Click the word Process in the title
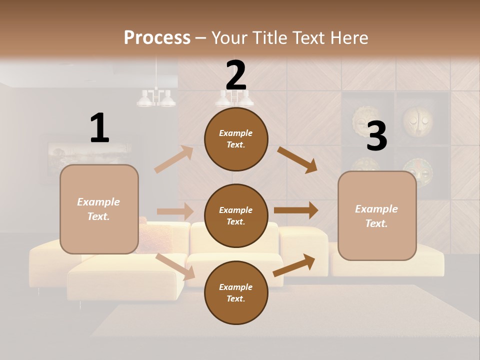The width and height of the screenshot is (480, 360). [157, 37]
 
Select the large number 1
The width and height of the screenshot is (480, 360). [99, 128]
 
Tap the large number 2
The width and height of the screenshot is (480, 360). [236, 75]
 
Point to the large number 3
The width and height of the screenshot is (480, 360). [376, 136]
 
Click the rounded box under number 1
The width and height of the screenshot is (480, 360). [99, 209]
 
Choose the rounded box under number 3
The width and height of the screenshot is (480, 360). [377, 215]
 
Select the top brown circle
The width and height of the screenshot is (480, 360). [236, 139]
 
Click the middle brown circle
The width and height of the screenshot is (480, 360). [236, 215]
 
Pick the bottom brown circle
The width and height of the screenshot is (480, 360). [236, 292]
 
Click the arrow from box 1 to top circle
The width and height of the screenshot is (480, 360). [174, 159]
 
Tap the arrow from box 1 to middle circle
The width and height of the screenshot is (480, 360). [175, 211]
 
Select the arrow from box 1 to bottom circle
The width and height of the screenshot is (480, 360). [175, 266]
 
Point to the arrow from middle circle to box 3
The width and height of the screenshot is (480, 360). [296, 210]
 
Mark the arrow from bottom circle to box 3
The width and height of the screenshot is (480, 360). [294, 265]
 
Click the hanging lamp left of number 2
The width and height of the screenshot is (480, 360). [156, 98]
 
